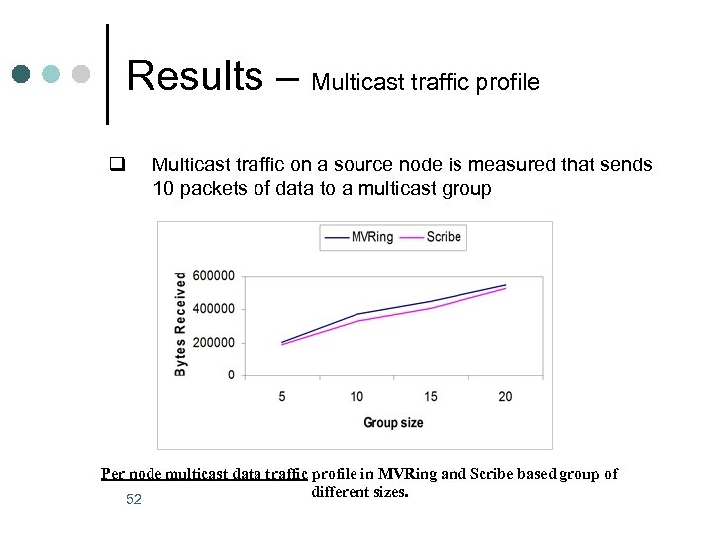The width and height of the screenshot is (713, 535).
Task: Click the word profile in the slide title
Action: coord(505,82)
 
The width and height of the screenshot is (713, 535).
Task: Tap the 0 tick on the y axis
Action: coord(231,375)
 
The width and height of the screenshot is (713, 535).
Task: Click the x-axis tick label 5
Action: coord(282,397)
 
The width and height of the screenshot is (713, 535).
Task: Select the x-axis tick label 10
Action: coord(356,397)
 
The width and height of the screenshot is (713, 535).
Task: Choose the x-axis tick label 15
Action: coord(431,397)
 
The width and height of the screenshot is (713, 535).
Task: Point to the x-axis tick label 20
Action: coord(505,397)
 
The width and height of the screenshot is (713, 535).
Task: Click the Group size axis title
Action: coord(393,423)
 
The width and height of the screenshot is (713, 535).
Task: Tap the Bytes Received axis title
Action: coord(181,324)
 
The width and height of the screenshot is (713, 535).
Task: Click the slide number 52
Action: coord(134,500)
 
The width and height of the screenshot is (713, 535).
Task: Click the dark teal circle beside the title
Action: coord(21,74)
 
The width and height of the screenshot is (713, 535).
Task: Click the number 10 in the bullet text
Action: coord(165,189)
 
